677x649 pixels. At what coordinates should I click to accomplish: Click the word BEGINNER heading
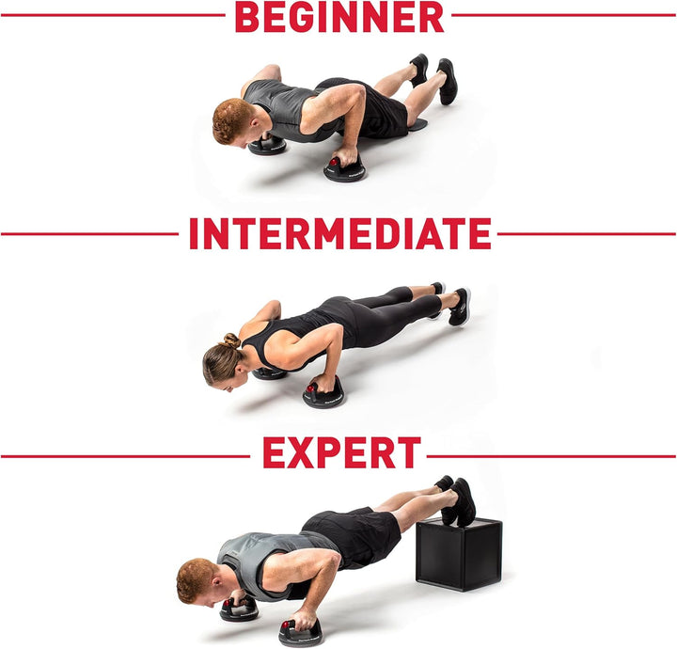(338, 16)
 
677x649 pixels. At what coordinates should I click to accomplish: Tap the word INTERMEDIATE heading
(339, 233)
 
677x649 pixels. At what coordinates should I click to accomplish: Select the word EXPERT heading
(340, 453)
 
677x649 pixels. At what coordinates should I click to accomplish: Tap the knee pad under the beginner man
(415, 124)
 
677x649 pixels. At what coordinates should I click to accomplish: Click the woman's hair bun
(231, 340)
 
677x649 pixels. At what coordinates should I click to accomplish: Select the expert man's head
(197, 580)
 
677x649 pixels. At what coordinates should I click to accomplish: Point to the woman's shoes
(457, 306)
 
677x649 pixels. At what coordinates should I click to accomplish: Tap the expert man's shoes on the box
(458, 499)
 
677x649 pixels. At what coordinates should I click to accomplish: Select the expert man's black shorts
(355, 537)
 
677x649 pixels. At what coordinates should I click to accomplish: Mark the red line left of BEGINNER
(113, 15)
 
